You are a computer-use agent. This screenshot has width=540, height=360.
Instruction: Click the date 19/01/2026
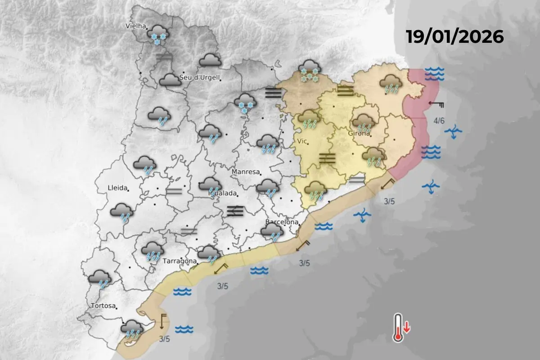454,36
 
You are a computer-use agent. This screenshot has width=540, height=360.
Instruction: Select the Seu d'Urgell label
199,77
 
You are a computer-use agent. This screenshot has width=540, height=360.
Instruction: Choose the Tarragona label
180,261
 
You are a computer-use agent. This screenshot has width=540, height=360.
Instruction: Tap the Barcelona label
282,222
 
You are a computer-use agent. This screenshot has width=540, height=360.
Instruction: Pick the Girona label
359,133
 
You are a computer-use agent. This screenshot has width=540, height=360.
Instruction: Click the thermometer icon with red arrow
399,328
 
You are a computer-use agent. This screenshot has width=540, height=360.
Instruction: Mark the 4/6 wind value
439,121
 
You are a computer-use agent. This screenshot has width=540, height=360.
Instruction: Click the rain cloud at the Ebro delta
132,328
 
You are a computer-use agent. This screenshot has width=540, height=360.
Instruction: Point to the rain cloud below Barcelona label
272,232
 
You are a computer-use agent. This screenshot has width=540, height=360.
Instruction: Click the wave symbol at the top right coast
434,73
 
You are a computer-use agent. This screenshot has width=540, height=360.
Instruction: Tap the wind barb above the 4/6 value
436,105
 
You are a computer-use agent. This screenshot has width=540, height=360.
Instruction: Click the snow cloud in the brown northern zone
309,71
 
